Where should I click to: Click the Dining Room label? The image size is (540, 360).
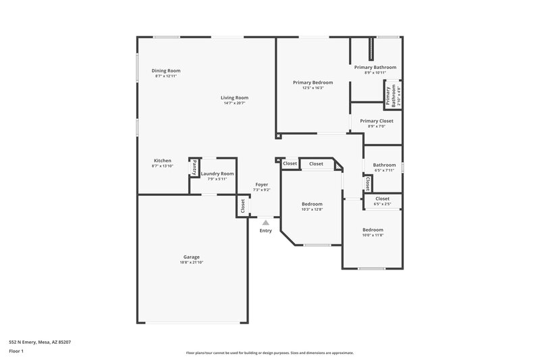tap(165, 70)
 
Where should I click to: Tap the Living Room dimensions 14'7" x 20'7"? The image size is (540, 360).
tap(234, 103)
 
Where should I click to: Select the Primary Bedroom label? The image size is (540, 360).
tap(313, 82)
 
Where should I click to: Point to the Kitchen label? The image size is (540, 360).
tap(162, 161)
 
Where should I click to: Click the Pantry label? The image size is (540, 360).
tap(194, 166)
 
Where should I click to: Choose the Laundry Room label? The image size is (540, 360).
tap(217, 174)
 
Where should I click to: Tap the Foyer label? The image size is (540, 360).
tap(261, 184)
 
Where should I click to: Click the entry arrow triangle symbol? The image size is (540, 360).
tap(266, 222)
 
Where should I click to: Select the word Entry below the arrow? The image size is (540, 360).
tap(266, 231)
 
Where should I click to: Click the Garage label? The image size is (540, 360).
tap(191, 257)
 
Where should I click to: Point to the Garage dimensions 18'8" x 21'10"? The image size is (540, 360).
tap(191, 262)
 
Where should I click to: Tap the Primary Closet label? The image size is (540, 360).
tap(376, 121)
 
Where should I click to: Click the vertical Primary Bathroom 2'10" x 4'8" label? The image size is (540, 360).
tap(390, 95)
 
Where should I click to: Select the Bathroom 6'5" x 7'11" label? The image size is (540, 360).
tap(384, 165)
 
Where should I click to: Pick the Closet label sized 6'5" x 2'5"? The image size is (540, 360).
tap(382, 199)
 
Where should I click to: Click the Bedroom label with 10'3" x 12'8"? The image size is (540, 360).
tap(312, 204)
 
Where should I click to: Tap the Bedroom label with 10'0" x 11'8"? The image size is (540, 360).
tap(373, 230)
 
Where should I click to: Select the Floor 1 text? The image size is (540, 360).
tap(16, 351)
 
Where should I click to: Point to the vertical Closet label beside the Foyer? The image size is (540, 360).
tap(242, 206)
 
